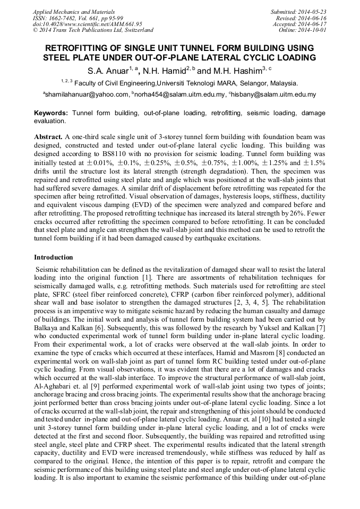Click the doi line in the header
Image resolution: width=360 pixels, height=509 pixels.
tap(87, 24)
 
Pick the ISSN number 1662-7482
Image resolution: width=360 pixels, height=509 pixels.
tap(64, 18)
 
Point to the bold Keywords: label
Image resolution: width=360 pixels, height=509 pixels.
tap(51, 113)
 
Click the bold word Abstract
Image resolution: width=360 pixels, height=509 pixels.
tap(48, 136)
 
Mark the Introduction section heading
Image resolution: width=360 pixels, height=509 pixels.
tap(54, 257)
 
